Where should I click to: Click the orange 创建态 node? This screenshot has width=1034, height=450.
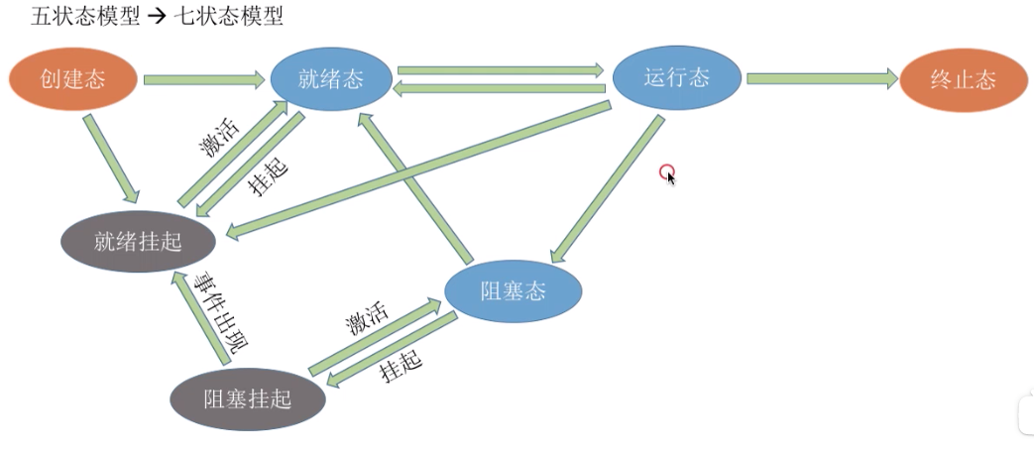74,78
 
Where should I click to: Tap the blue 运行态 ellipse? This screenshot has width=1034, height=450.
676,78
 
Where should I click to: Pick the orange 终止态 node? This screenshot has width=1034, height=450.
962,80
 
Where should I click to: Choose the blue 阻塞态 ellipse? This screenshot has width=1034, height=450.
513,291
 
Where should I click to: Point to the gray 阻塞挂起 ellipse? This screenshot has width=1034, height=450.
247,398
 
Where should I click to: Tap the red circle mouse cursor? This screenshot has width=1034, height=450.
667,171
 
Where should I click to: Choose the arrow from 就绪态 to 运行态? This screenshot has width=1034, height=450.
501,70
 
